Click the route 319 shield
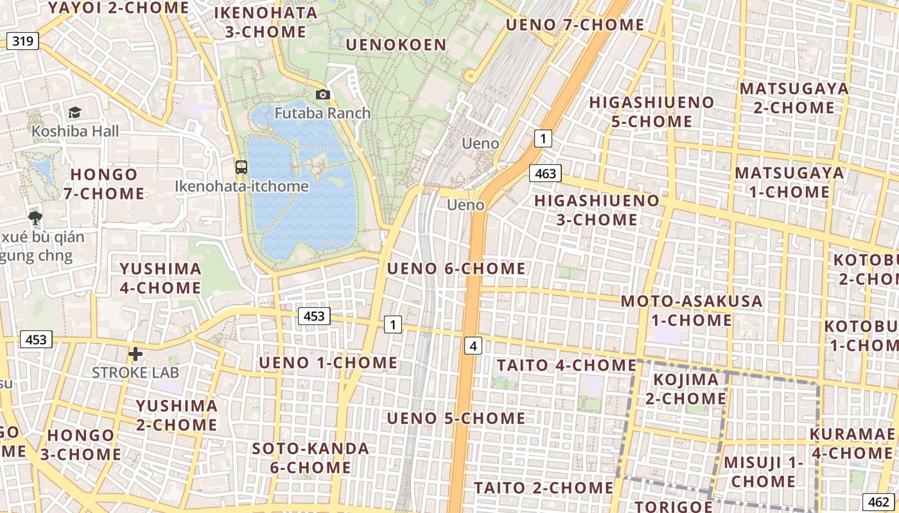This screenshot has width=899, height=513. point(22,42)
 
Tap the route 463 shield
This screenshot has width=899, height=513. point(545,173)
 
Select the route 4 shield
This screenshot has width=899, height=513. point(473,346)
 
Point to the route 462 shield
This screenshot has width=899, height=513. point(877,502)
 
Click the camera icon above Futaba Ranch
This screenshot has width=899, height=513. point(323,95)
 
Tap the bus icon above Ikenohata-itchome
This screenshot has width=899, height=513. point(241,167)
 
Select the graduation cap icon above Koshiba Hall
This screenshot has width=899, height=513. point(75,113)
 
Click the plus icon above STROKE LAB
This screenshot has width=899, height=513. point(135,353)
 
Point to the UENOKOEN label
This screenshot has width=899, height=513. point(396,45)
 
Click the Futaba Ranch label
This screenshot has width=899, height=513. point(322,114)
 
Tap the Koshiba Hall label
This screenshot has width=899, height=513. point(75,131)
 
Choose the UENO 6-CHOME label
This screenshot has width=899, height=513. point(456,269)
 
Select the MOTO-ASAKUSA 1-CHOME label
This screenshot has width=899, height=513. point(691,310)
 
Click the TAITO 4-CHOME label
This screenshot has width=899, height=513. point(566,366)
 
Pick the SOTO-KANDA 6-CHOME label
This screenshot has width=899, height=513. point(310,458)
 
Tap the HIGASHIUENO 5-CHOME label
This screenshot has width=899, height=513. point(651,112)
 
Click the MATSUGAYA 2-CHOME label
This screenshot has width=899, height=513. point(794,98)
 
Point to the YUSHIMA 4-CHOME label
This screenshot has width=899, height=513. point(161,278)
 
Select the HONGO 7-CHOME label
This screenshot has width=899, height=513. point(104,184)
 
